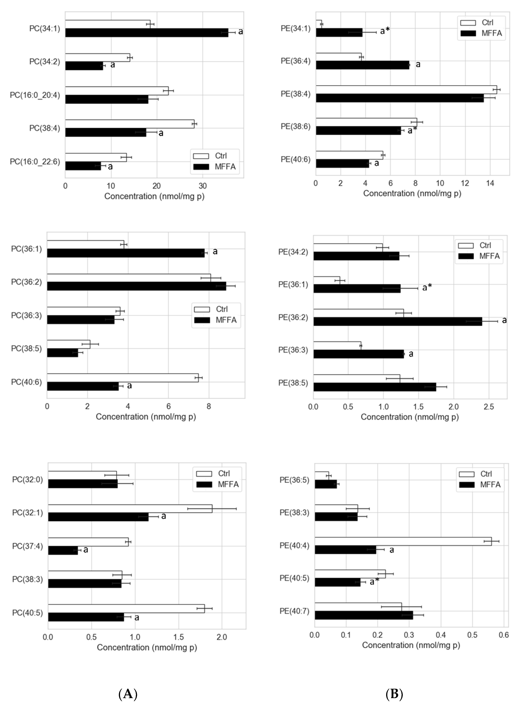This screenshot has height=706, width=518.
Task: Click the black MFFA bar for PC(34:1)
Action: coord(146,33)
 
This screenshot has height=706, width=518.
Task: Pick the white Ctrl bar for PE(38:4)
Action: coord(406,90)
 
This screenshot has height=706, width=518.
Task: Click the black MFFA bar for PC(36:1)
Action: coord(125,253)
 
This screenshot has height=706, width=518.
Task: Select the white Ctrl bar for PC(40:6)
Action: coord(123,378)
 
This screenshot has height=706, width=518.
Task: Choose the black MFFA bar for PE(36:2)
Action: coord(398,322)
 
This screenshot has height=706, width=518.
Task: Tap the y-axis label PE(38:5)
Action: coord(293,383)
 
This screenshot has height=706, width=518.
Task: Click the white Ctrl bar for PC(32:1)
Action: coord(130,509)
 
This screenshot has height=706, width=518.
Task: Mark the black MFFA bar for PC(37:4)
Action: coord(63,550)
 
